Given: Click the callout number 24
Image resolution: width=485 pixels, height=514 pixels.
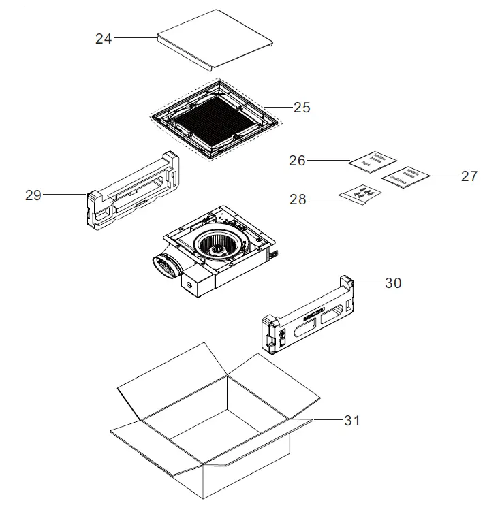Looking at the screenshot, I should coord(104,39).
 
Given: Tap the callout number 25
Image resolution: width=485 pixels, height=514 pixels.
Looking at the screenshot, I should coord(302,108).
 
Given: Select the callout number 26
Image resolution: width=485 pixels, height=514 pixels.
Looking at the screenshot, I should coord(297,161).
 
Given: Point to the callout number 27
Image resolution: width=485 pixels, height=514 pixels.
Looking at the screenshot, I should coord(469,176).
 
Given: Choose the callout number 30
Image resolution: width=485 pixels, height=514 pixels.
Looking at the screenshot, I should coord(393,283).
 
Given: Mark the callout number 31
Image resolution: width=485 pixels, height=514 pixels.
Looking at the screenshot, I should coord(351,421).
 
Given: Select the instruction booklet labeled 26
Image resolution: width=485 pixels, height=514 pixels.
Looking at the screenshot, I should coord(372,161).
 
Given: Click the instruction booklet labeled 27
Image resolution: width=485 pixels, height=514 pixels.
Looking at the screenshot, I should coord(406,176).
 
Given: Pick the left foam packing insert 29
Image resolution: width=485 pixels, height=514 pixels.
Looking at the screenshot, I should coord(133,189).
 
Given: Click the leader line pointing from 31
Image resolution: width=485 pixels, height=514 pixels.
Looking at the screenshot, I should coord(327,421).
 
